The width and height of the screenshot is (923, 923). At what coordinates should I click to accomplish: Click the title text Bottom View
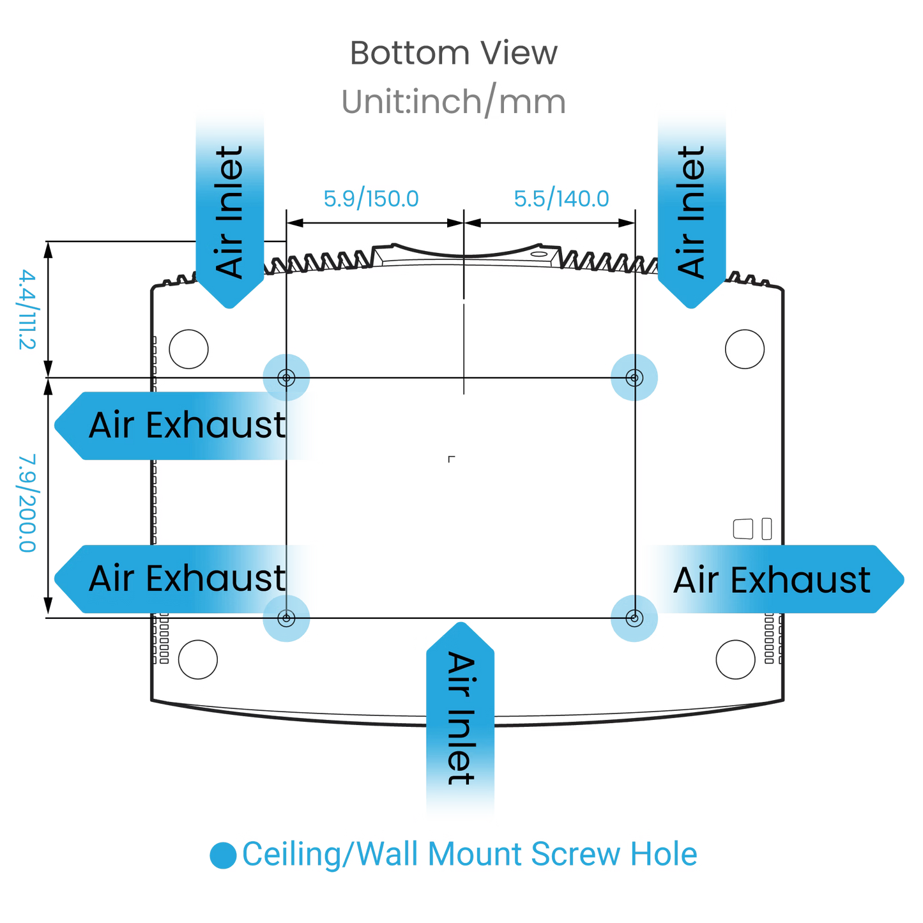click(x=454, y=53)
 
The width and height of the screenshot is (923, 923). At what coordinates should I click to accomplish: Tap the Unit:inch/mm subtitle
click(x=454, y=102)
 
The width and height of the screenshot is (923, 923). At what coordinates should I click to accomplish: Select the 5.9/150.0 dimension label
click(x=372, y=199)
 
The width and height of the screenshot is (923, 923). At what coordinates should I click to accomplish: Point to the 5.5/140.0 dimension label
click(x=562, y=199)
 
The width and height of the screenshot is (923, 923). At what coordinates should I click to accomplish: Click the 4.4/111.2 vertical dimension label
click(x=27, y=309)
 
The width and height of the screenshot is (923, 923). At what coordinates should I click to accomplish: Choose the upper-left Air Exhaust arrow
click(x=185, y=425)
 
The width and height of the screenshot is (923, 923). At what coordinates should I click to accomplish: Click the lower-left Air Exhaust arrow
click(x=185, y=579)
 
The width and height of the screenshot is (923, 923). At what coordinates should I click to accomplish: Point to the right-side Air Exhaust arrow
click(x=773, y=579)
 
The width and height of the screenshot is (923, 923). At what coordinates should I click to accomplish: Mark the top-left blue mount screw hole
click(x=286, y=378)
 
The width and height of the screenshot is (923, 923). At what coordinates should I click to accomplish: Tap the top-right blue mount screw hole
click(x=634, y=378)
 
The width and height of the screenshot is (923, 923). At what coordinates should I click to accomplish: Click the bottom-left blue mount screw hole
click(x=286, y=618)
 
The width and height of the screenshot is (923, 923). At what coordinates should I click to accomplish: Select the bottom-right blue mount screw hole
click(x=634, y=618)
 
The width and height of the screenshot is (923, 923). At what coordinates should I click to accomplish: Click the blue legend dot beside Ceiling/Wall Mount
click(x=223, y=855)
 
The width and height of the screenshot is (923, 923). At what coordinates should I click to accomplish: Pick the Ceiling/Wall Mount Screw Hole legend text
click(x=469, y=855)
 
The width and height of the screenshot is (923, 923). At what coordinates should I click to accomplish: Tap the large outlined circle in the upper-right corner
click(x=745, y=349)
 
